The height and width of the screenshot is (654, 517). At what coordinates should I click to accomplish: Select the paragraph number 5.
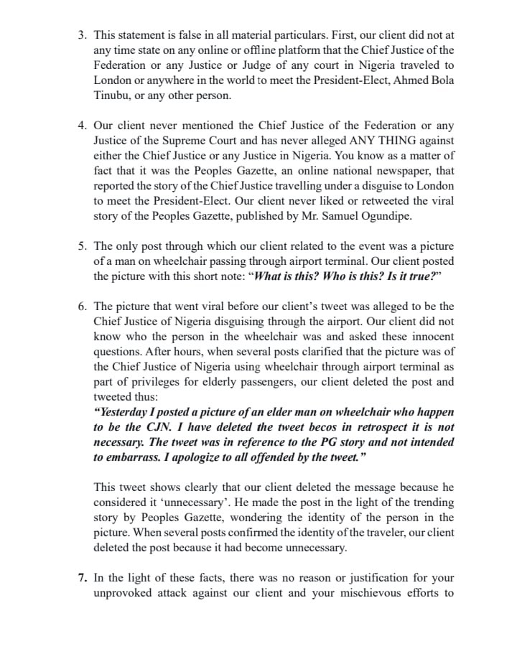coord(82,246)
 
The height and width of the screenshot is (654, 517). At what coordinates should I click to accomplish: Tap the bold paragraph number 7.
coord(82,578)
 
